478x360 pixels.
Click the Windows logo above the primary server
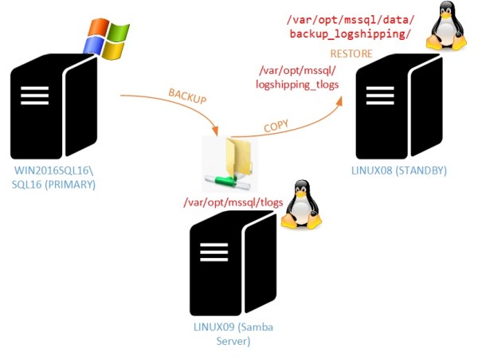point(107,37)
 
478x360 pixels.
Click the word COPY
point(276,125)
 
